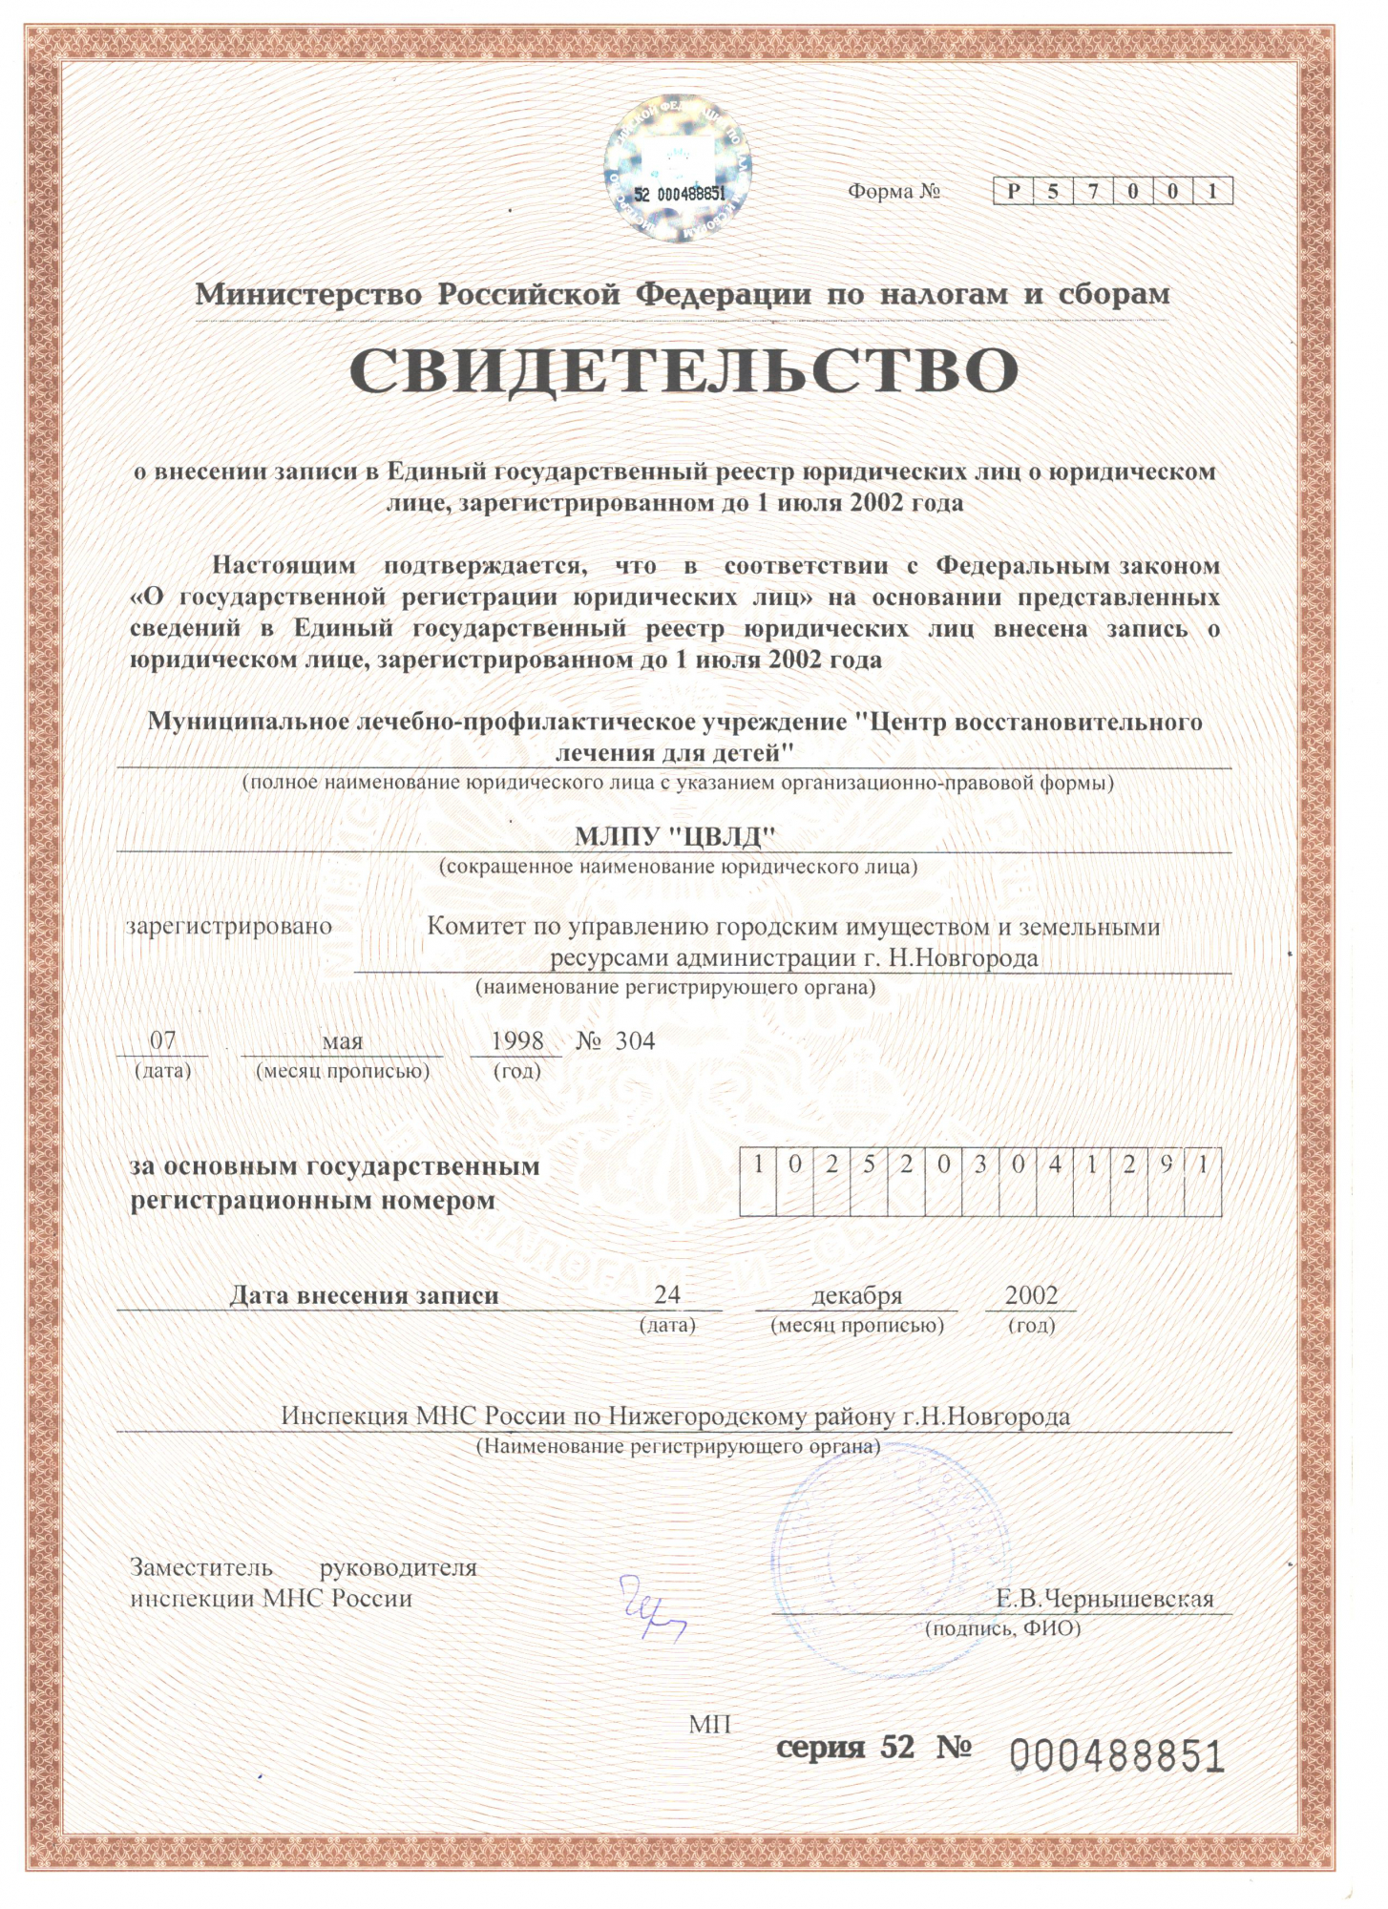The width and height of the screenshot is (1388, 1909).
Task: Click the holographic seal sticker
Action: coord(678,169)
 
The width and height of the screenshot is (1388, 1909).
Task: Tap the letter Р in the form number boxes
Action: coord(1014,191)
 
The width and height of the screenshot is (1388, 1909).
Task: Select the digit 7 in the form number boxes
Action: coord(1093,191)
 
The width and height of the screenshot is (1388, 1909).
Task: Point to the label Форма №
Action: coord(894,191)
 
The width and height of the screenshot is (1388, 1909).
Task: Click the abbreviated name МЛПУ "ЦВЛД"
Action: coord(674,837)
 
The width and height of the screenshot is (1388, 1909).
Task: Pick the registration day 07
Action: coord(163,1040)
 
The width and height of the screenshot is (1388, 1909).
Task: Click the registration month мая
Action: coord(342,1041)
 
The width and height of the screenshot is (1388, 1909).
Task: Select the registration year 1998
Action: coord(517,1040)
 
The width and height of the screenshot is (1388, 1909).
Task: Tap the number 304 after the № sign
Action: coord(635,1040)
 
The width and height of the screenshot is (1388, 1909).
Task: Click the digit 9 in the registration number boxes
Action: coord(1166,1165)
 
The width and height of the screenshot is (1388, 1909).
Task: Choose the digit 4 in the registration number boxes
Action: coord(1055,1165)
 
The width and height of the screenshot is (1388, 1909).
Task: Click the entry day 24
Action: coord(667,1294)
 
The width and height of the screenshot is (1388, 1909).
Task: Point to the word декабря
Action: coord(856,1295)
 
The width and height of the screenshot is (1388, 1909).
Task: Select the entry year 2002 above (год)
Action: coord(1031,1294)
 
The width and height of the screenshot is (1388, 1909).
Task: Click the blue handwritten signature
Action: coord(652,1610)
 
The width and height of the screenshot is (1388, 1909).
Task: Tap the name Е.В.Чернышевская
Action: coord(1104,1599)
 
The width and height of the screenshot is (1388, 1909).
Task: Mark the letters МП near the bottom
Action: coord(709,1725)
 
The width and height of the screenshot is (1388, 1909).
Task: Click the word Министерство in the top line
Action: coord(308,294)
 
